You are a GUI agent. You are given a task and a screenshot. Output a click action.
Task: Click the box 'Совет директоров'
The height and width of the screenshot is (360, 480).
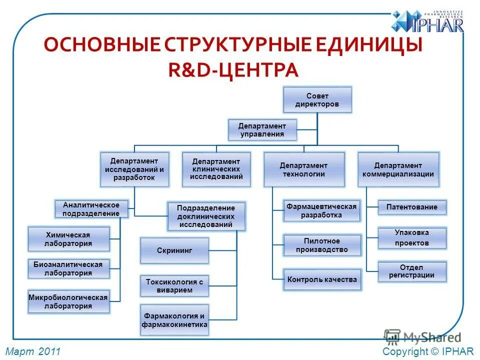click(317, 100)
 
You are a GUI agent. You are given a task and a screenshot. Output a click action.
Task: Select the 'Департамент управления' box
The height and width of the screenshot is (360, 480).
click(262, 130)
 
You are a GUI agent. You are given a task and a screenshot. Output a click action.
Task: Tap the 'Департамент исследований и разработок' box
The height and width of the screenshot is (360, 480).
click(134, 169)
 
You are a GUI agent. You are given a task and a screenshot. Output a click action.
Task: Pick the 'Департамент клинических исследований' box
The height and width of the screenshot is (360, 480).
click(216, 169)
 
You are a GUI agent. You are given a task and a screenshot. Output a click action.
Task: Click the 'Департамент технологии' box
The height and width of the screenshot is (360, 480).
click(304, 169)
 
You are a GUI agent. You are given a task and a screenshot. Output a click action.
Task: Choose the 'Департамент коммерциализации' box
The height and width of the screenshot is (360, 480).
click(398, 169)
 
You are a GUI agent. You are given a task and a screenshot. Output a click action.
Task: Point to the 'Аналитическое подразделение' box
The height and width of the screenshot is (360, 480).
click(91, 209)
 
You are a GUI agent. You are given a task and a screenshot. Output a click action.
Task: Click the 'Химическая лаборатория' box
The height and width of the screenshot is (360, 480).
click(68, 239)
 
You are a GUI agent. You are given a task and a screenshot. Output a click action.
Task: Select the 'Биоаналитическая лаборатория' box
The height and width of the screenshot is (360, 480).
click(68, 269)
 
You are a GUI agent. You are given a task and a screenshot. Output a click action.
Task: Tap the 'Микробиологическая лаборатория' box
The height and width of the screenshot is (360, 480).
click(68, 301)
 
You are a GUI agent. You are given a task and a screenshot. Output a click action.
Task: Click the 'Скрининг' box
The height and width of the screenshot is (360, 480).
click(174, 250)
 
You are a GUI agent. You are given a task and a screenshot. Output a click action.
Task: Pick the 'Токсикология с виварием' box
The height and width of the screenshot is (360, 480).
click(174, 286)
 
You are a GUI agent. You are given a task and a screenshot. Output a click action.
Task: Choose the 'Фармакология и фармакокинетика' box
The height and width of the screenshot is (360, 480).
click(174, 320)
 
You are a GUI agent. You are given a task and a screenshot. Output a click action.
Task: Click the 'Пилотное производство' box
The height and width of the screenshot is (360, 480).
click(322, 245)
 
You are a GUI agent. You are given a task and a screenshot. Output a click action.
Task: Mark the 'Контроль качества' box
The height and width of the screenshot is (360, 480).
click(322, 279)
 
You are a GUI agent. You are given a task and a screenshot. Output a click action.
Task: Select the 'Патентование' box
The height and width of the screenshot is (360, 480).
click(411, 207)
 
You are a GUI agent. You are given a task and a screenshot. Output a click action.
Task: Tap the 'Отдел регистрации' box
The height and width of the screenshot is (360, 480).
click(411, 271)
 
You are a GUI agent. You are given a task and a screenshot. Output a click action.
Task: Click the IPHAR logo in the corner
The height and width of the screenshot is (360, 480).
click(427, 22)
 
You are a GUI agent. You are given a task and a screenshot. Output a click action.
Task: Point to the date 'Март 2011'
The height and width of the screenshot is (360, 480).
click(33, 352)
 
